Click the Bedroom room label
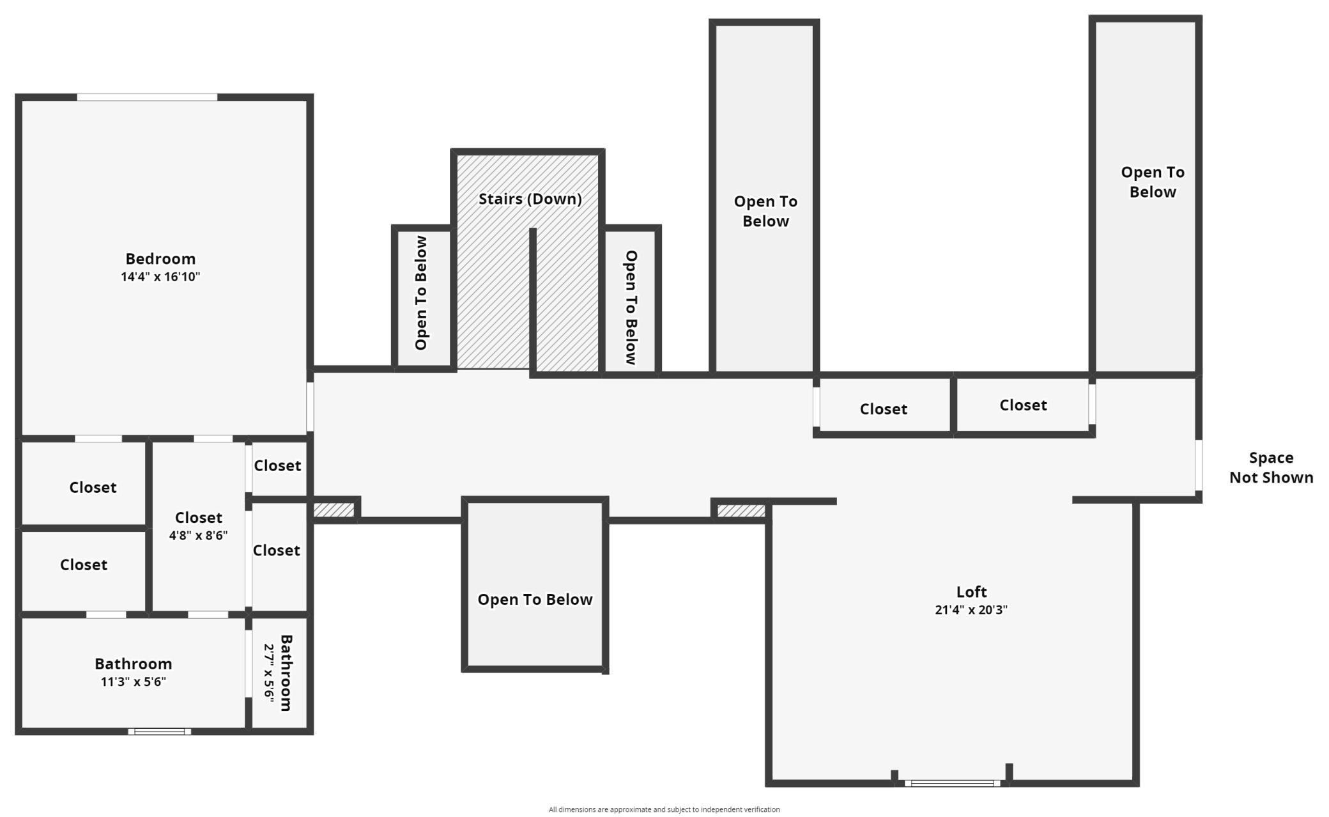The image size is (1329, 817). [160, 259]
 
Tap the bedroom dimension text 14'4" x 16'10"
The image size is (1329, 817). [160, 277]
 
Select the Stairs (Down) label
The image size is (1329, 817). [530, 199]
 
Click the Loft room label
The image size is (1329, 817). [971, 592]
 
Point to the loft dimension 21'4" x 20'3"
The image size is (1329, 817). [971, 610]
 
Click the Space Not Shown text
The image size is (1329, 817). [1271, 467]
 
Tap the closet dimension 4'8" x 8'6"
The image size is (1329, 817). [198, 535]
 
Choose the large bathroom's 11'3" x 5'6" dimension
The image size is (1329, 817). [133, 681]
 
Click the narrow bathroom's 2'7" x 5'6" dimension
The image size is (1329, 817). [269, 673]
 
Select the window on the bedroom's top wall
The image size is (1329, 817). [147, 97]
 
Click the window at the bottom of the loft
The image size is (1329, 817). [952, 783]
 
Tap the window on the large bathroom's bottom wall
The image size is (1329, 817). [160, 731]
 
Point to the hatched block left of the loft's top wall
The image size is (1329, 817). [741, 511]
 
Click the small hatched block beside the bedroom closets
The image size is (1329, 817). [334, 510]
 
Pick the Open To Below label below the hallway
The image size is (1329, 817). [535, 600]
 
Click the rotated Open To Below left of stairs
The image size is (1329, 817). [421, 293]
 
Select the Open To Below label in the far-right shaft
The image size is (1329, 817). [1153, 182]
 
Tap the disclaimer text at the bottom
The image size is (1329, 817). [664, 809]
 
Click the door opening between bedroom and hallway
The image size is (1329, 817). [310, 407]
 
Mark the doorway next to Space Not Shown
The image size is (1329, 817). [1199, 465]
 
